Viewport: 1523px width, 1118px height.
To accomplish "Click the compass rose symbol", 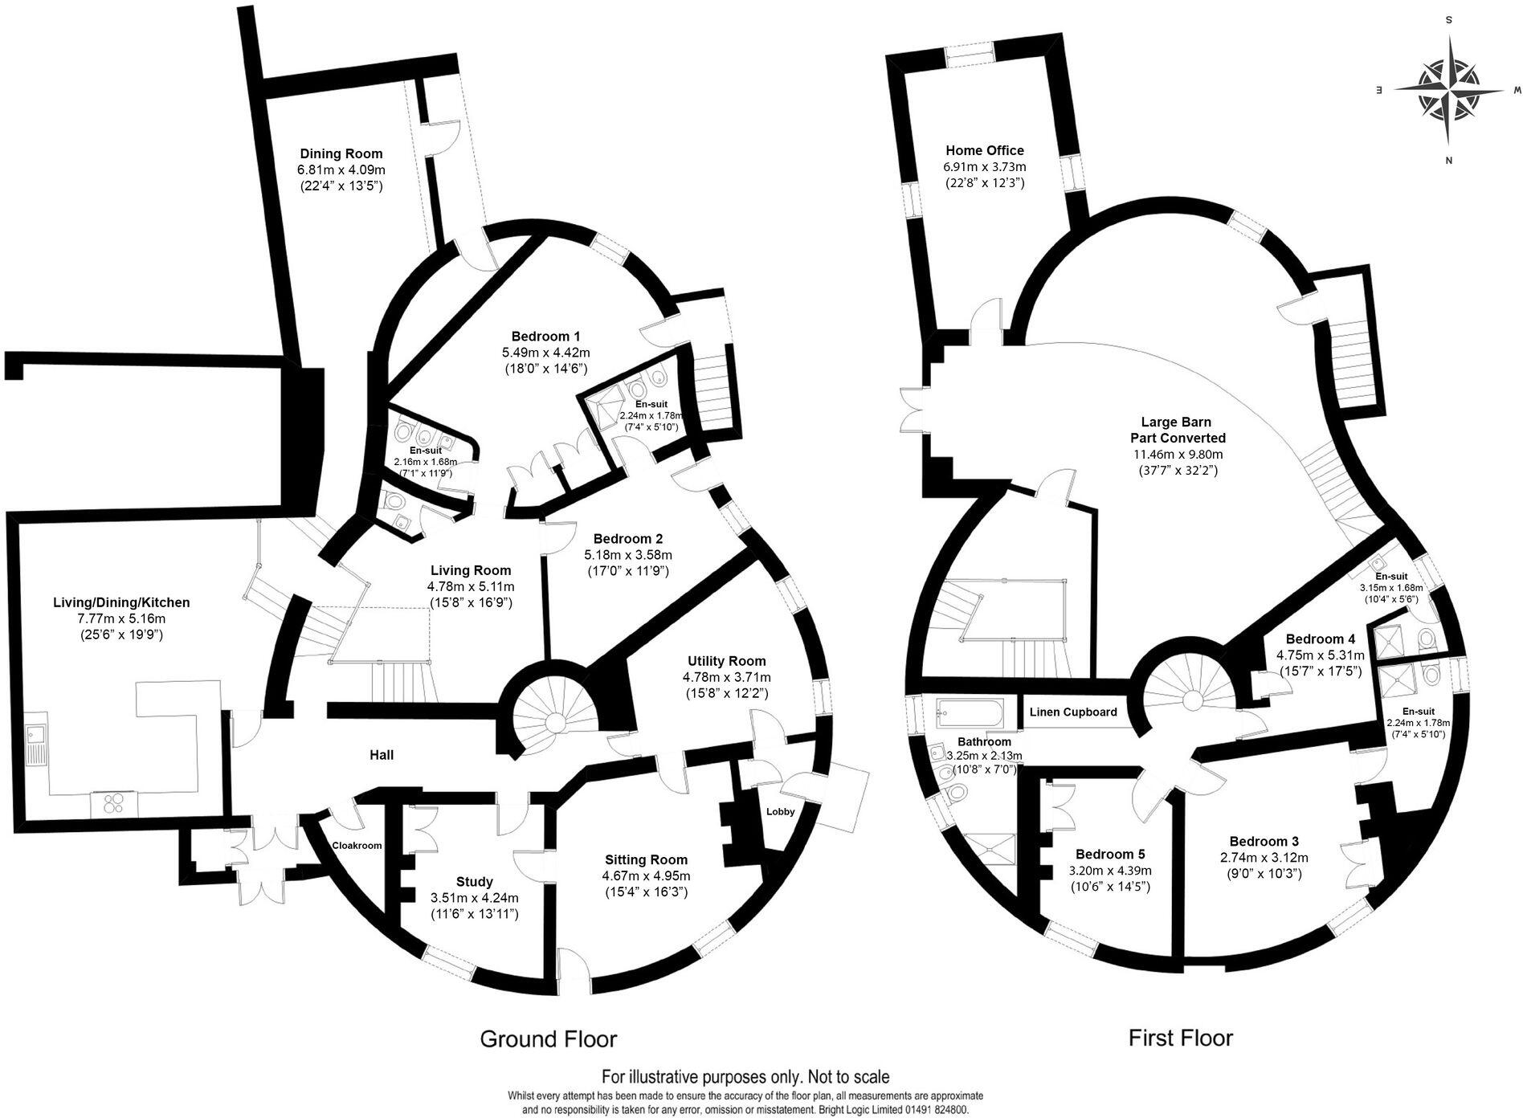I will coord(1449,91).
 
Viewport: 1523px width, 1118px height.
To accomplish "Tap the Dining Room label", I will coord(341,153).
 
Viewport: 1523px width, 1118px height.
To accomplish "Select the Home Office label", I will coord(985,150).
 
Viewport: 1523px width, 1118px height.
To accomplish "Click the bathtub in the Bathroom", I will coord(968,713).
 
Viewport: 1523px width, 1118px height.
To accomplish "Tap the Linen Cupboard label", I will coord(1073,712).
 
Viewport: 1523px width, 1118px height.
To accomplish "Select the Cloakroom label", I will coord(357,846).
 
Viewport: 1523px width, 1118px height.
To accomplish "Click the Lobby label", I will coord(780,811).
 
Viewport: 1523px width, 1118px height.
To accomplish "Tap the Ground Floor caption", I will coord(548,1039).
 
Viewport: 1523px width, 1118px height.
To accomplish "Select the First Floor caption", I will coord(1180,1038).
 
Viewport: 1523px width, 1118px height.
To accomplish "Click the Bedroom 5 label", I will coord(1110,854).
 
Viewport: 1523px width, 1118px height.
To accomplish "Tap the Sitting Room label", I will coord(646,859).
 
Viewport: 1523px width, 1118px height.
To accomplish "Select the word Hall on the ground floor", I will coord(382,755).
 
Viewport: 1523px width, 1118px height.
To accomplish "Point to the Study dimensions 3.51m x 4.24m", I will coord(474,898).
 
